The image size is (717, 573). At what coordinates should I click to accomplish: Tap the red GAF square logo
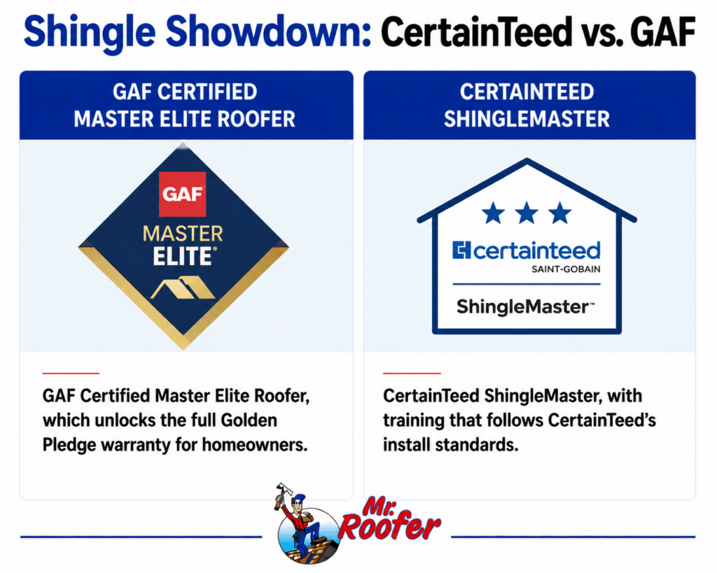click(x=183, y=194)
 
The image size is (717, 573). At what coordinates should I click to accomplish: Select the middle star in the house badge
click(x=527, y=213)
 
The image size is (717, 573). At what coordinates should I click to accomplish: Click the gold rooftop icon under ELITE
click(x=183, y=288)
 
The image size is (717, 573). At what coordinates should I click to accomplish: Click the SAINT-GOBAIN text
click(x=566, y=269)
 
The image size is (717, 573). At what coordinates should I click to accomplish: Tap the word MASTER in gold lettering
click(x=183, y=234)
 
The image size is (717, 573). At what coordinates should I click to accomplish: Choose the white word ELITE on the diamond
click(x=182, y=256)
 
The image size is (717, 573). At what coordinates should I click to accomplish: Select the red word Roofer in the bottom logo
click(x=389, y=528)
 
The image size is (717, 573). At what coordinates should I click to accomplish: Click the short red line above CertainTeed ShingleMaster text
click(x=412, y=374)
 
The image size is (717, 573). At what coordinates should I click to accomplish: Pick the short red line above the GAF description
click(x=71, y=374)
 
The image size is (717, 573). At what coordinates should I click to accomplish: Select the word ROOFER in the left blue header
click(x=256, y=119)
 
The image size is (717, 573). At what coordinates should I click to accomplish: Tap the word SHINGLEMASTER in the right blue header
click(x=527, y=119)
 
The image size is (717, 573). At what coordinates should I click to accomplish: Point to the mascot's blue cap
click(x=300, y=497)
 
